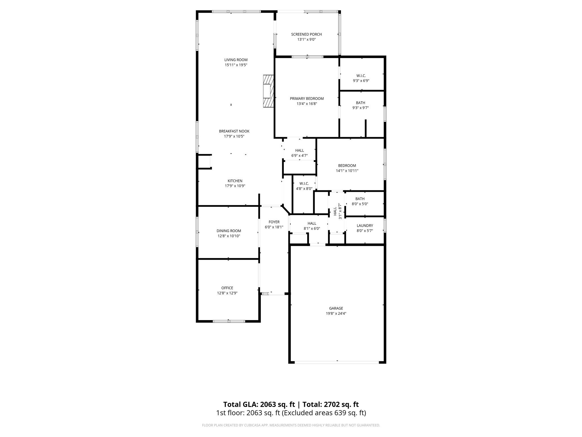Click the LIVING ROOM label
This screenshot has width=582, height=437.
pyautogui.click(x=236, y=60)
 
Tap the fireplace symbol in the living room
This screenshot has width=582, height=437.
pyautogui.click(x=268, y=91)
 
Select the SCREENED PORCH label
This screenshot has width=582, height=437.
pyautogui.click(x=306, y=34)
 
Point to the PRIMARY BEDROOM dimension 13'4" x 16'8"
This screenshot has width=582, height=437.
pyautogui.click(x=307, y=104)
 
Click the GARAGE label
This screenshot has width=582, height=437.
pyautogui.click(x=336, y=308)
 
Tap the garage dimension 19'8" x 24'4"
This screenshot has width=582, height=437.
pyautogui.click(x=336, y=314)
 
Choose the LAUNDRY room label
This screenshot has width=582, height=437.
pyautogui.click(x=365, y=226)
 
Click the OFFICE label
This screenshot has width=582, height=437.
pyautogui.click(x=227, y=288)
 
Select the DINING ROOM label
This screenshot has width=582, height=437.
pyautogui.click(x=229, y=231)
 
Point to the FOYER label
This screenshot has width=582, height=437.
pyautogui.click(x=274, y=222)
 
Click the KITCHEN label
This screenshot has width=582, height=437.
pyautogui.click(x=235, y=181)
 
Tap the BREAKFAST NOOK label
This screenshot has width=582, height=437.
pyautogui.click(x=234, y=131)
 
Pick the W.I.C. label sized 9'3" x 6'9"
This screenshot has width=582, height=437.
pyautogui.click(x=361, y=76)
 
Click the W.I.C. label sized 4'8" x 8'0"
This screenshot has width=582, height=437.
pyautogui.click(x=304, y=184)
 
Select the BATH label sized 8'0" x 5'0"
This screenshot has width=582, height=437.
pyautogui.click(x=360, y=199)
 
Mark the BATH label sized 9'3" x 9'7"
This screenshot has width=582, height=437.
pyautogui.click(x=360, y=103)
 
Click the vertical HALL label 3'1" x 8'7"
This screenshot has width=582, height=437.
pyautogui.click(x=335, y=211)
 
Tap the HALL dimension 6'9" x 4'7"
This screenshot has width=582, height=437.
pyautogui.click(x=300, y=156)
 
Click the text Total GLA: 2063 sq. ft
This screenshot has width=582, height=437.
pyautogui.click(x=259, y=404)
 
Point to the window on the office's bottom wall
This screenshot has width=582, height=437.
pyautogui.click(x=229, y=321)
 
